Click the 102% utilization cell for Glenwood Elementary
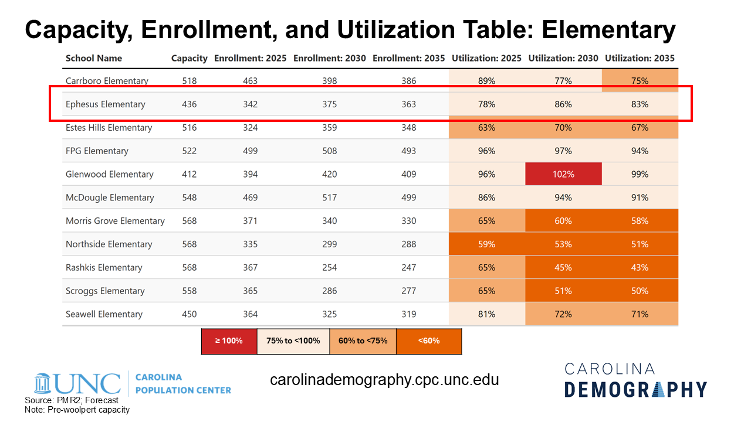(x=563, y=174)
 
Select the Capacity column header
(x=189, y=58)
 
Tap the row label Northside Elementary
(x=109, y=244)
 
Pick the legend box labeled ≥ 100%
(x=228, y=341)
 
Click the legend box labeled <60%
(x=429, y=341)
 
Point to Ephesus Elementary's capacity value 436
(x=190, y=104)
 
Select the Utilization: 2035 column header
(x=640, y=58)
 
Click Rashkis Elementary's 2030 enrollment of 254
(x=330, y=268)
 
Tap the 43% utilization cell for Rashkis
(x=640, y=268)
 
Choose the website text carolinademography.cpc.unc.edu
(x=384, y=380)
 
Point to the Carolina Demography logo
(x=635, y=380)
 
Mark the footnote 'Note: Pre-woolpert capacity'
(x=77, y=410)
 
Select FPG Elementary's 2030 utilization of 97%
(x=563, y=151)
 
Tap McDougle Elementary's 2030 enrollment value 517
(x=330, y=198)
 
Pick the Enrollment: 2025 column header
(x=250, y=58)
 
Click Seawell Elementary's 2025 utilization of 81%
(x=486, y=314)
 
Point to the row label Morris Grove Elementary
(x=115, y=221)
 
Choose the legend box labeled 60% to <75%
(x=362, y=341)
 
